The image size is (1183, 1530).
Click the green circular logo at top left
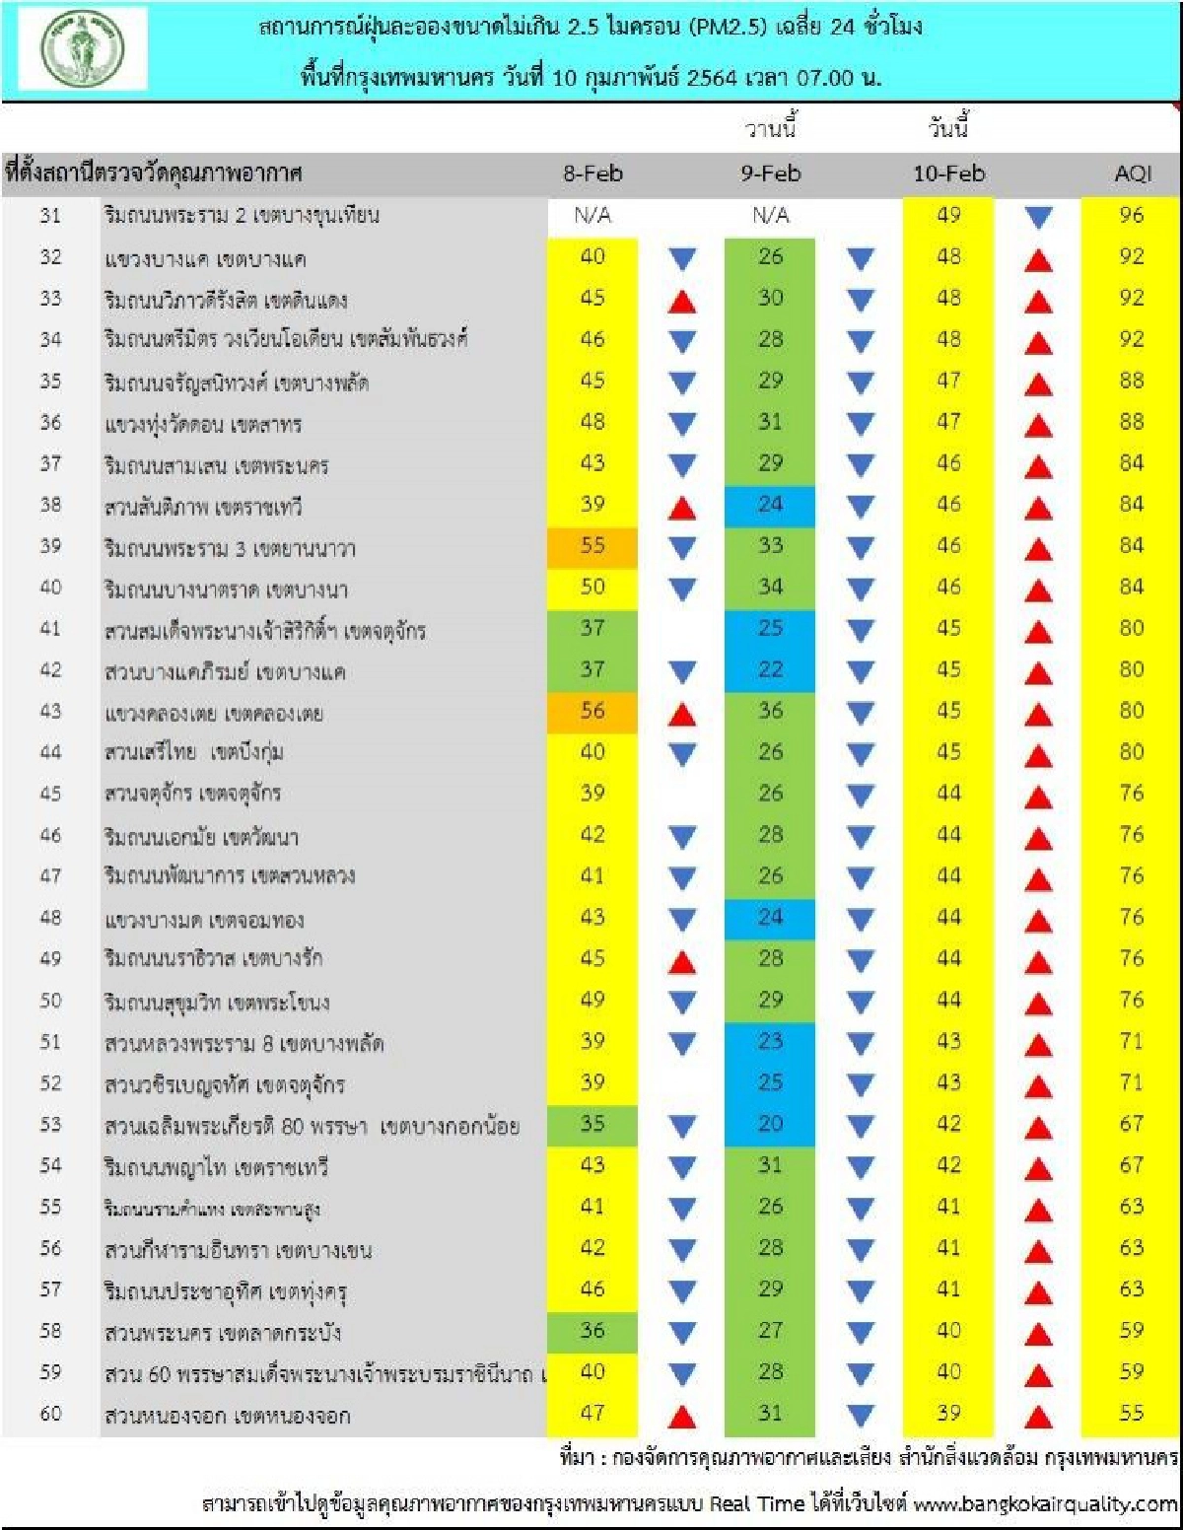point(83,49)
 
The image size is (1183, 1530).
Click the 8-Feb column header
point(592,174)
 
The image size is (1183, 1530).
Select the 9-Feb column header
point(771,174)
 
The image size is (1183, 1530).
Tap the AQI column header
point(1132,174)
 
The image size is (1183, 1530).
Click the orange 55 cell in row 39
point(592,546)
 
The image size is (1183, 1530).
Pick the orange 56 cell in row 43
point(592,711)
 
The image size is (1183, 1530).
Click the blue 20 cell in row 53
point(770,1124)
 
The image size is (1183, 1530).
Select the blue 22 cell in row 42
point(770,670)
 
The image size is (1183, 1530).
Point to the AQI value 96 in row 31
point(1131,215)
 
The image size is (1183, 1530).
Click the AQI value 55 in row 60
point(1131,1413)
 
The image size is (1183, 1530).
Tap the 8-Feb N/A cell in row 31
point(592,215)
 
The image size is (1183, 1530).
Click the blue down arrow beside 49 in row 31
point(1038,218)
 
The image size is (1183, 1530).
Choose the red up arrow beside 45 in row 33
point(682,301)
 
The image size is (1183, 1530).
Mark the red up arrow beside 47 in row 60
point(682,1417)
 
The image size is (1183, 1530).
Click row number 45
point(50,794)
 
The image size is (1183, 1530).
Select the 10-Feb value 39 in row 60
point(948,1413)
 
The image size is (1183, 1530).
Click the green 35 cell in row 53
point(592,1124)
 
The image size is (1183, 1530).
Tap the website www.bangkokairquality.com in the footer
point(1045,1504)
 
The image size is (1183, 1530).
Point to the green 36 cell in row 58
point(592,1330)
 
